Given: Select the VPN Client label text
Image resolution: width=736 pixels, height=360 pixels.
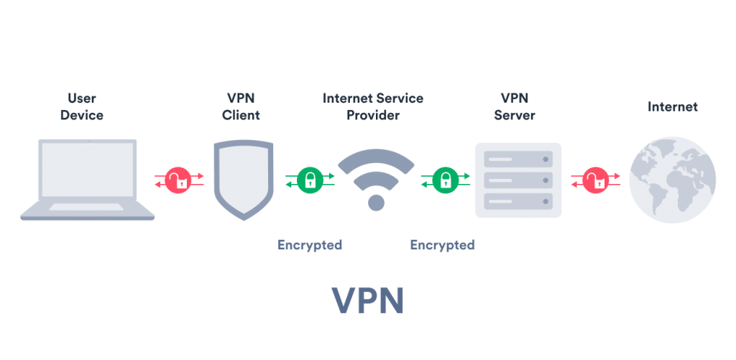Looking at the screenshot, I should [x=241, y=106].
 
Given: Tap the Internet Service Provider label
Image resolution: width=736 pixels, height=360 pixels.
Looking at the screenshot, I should [x=372, y=106].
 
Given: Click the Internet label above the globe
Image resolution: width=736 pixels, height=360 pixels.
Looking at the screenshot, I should [x=672, y=107].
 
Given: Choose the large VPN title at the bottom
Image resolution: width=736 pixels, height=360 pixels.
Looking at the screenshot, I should [x=367, y=302].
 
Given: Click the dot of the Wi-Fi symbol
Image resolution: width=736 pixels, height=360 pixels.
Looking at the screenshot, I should [x=376, y=202].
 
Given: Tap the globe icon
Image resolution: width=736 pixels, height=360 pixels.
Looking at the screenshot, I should [x=672, y=180].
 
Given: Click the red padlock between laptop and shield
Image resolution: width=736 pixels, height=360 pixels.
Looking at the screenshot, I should [x=179, y=180].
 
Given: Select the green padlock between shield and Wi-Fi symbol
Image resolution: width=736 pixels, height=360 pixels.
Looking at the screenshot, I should [x=310, y=180].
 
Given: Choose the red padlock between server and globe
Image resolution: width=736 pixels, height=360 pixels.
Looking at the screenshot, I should [x=594, y=180].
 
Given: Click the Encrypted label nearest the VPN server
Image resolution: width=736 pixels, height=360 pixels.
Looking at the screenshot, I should [x=442, y=245].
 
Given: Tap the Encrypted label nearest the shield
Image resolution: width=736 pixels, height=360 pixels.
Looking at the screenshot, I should [x=310, y=245].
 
